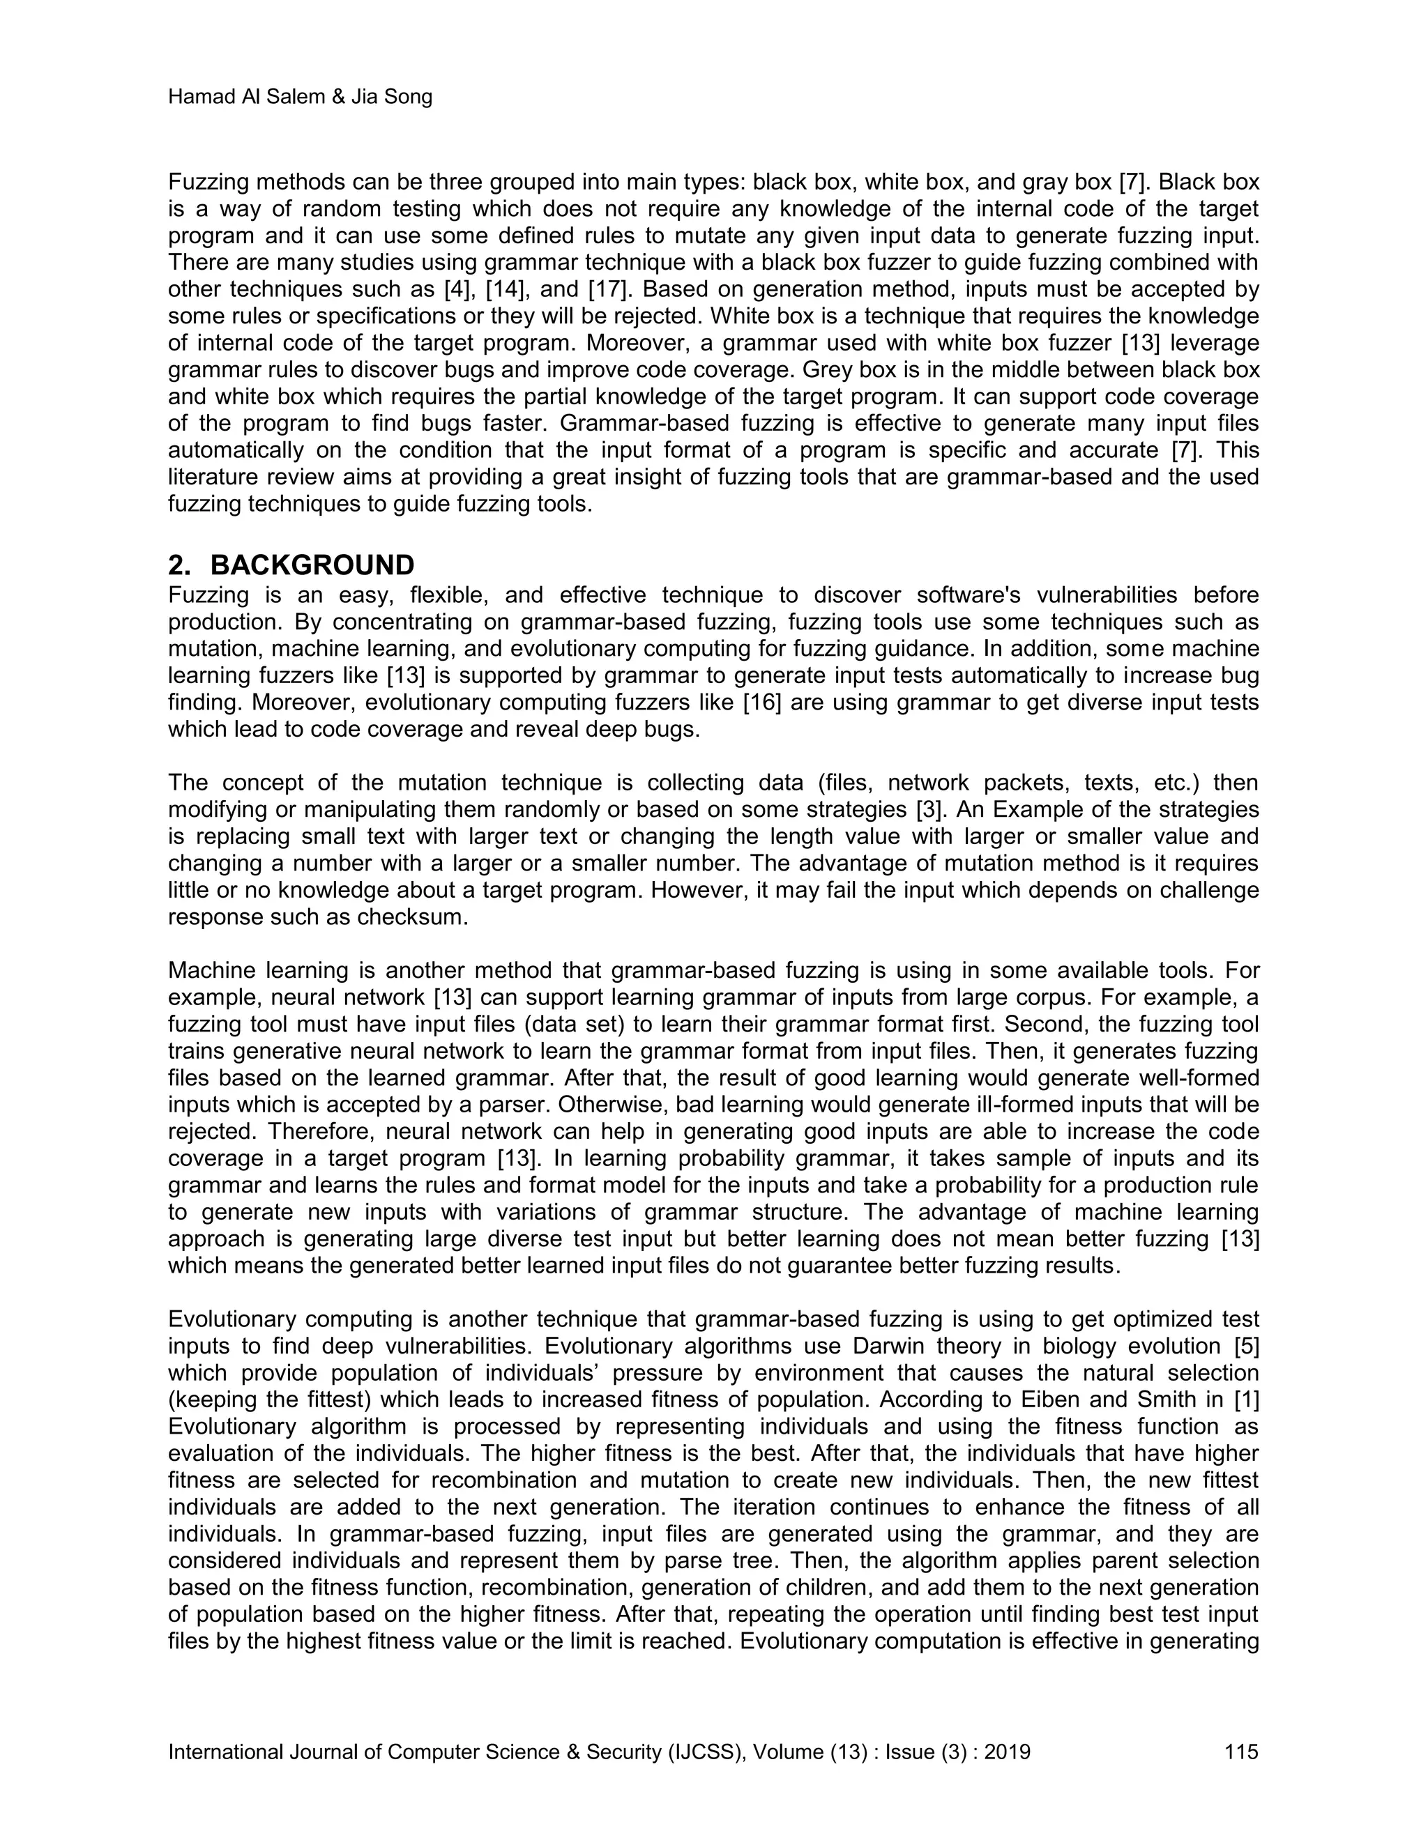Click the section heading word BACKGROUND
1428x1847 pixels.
[312, 565]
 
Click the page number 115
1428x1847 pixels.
[1241, 1752]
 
